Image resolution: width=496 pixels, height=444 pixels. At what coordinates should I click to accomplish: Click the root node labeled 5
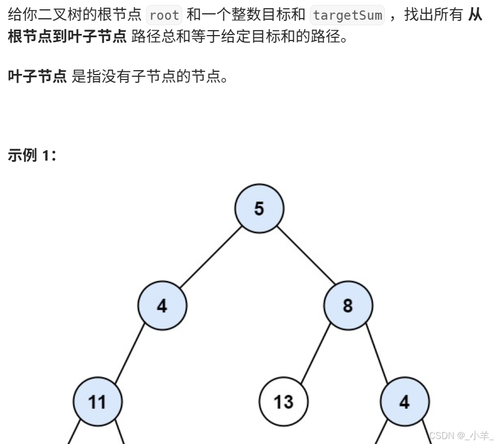coord(259,208)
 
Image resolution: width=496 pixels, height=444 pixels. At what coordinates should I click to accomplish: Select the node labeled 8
coord(348,305)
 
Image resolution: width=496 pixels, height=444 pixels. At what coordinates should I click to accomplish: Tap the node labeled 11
coord(97,402)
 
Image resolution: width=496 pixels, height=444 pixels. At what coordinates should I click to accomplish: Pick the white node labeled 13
coord(283,402)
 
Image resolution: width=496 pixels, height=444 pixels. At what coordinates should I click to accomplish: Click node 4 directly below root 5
coord(162,305)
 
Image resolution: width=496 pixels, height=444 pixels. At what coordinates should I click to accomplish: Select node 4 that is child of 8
coord(405,402)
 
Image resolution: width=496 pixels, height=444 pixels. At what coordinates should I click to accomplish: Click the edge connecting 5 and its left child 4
coord(211,257)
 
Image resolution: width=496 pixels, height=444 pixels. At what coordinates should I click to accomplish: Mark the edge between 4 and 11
coord(130,354)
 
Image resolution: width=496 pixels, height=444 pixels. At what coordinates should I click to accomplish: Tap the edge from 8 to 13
coord(315,354)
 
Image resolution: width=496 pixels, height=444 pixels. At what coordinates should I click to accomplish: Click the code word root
coord(164,15)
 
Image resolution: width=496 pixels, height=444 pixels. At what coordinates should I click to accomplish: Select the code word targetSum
coord(347,15)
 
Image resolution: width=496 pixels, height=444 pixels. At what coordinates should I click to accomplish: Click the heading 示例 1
coord(32,155)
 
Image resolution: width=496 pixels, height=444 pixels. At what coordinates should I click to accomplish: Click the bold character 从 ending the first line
coord(475,15)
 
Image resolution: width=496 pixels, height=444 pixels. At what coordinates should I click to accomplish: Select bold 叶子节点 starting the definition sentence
coord(37,76)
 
